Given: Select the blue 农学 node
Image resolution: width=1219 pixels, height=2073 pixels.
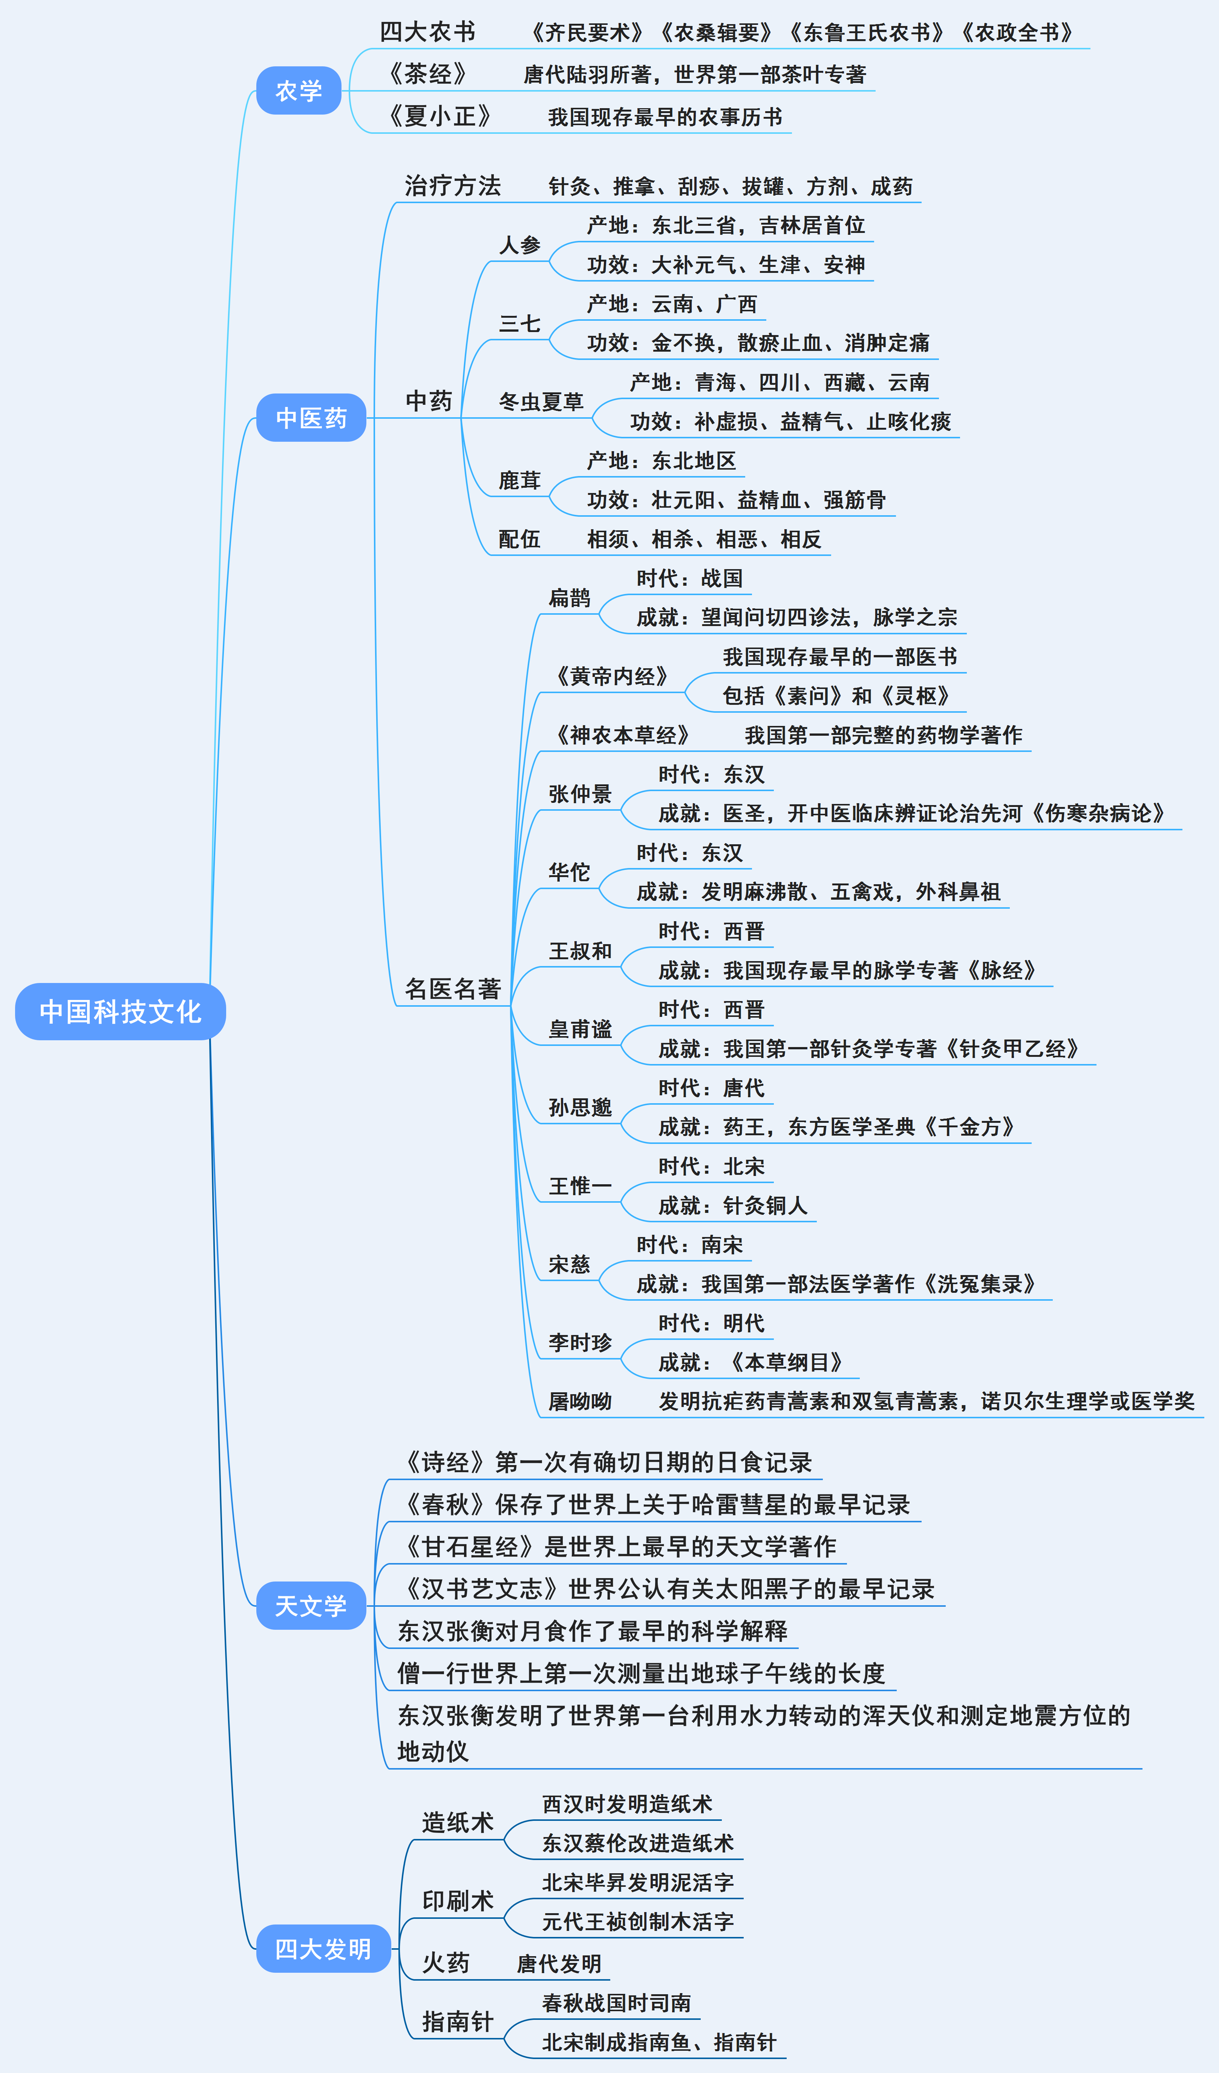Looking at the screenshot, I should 299,90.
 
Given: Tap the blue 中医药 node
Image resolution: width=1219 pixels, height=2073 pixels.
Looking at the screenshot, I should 311,418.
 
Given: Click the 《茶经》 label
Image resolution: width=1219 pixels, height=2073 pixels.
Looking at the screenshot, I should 428,74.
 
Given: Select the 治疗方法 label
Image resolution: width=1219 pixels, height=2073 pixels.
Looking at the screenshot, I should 452,186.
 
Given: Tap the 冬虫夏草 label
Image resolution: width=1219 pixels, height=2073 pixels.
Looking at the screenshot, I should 541,401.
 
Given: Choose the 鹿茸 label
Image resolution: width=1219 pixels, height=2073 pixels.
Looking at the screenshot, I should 520,481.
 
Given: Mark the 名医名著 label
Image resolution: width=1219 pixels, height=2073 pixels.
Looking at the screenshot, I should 452,989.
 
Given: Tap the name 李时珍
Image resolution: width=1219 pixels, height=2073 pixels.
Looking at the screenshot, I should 580,1343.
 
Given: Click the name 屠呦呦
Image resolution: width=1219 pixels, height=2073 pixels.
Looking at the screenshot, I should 580,1401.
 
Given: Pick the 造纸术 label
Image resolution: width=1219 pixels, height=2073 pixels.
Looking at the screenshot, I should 457,1822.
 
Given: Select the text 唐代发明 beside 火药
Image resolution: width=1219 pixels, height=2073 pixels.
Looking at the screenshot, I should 559,1964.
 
